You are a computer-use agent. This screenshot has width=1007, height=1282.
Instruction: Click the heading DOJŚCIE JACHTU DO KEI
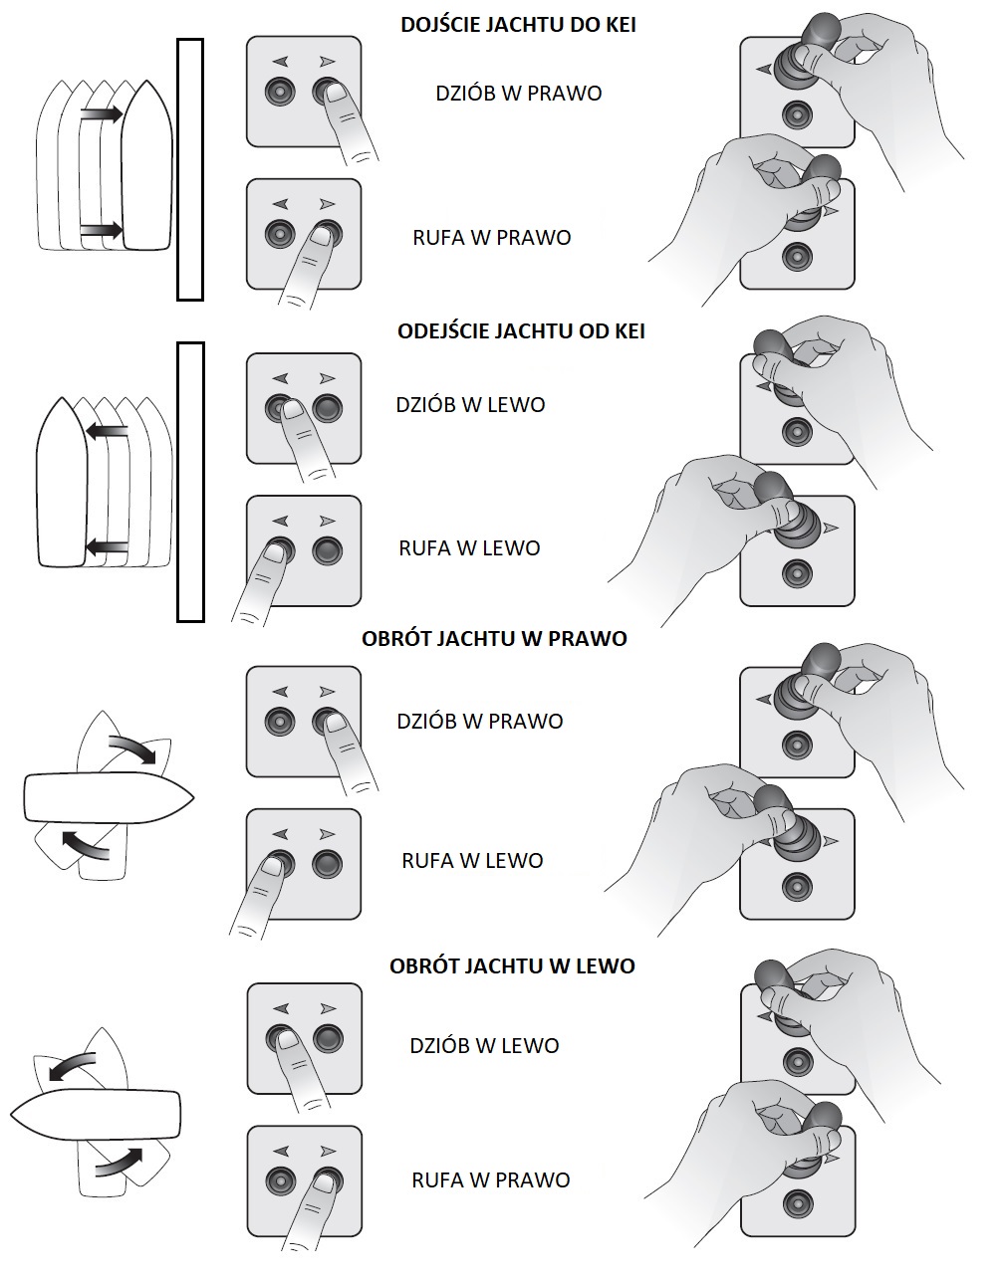[x=518, y=25]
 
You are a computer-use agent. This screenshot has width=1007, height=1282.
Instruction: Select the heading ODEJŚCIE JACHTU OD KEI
[x=521, y=331]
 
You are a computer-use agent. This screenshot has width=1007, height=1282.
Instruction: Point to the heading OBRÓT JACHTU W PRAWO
[x=494, y=638]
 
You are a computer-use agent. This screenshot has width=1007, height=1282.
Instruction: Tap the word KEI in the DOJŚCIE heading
[x=615, y=25]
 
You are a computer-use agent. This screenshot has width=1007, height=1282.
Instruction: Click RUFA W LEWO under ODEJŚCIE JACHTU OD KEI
[x=469, y=548]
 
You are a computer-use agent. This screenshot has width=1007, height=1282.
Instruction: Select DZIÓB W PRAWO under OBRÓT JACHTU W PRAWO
[x=480, y=721]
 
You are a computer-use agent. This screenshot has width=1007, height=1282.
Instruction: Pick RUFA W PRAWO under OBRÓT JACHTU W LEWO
[x=491, y=1180]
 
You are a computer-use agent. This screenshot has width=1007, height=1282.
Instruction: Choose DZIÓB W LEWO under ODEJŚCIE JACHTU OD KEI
[x=470, y=405]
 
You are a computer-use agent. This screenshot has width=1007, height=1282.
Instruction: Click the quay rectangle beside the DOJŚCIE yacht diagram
[x=189, y=169]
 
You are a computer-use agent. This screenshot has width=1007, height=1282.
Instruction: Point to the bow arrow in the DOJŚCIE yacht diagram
[x=101, y=114]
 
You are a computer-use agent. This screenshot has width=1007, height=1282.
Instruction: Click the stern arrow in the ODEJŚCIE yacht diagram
[x=107, y=546]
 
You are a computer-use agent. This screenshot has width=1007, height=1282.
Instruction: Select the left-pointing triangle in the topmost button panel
[x=281, y=62]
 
